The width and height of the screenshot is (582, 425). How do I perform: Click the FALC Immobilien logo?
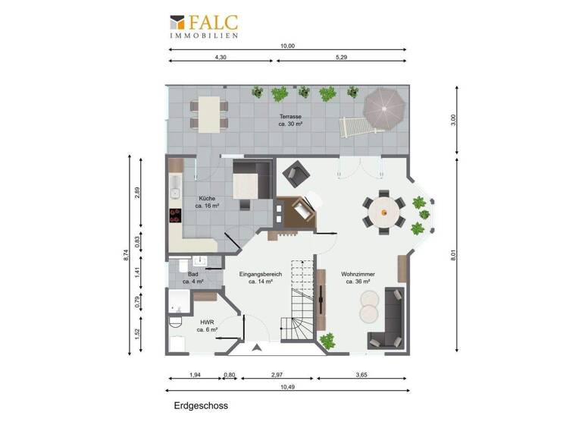tap(204, 26)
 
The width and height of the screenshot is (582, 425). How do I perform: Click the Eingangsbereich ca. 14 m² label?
tap(260, 278)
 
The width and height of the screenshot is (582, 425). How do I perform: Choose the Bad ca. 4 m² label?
tap(194, 278)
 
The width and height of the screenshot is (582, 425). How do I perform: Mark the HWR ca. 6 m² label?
tap(206, 326)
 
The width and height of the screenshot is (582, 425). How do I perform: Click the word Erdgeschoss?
tap(201, 406)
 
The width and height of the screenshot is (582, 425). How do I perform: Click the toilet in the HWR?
tap(176, 323)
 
